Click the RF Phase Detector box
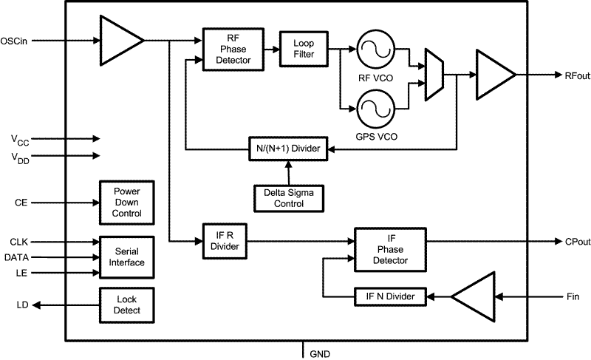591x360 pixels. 228,50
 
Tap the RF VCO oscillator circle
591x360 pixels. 373,50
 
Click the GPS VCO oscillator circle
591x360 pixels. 373,110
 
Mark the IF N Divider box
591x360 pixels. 390,296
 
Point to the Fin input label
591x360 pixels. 574,296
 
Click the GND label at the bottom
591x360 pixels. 320,353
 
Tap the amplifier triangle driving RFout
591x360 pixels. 493,75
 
